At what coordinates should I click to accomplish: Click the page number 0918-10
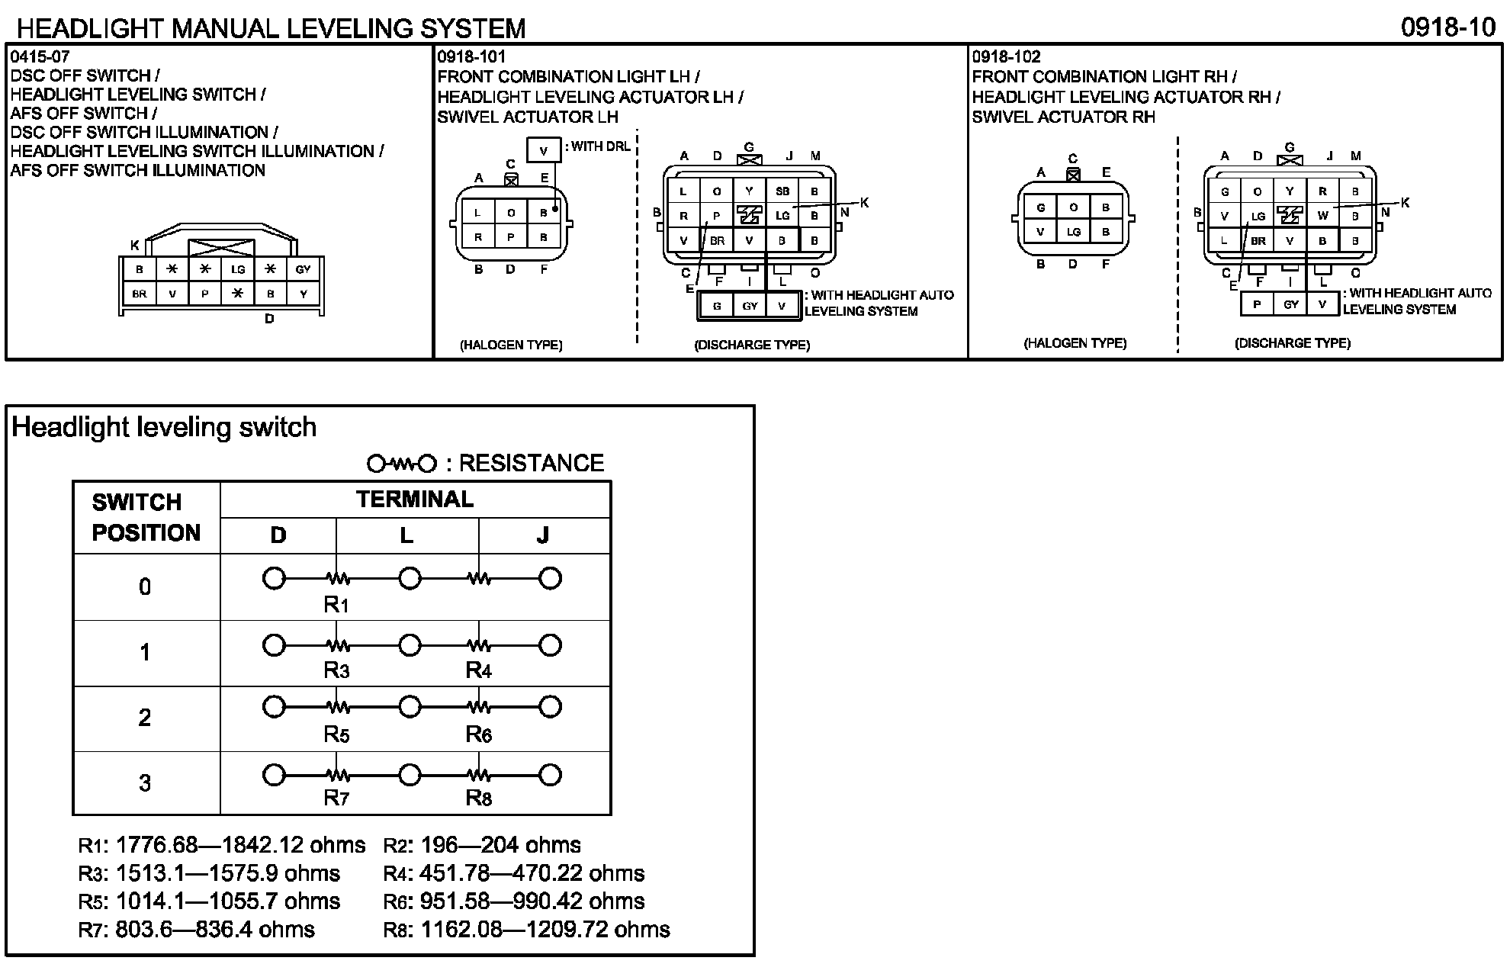coord(1448,27)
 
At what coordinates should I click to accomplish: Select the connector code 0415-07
coord(40,57)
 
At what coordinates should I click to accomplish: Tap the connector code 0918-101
coord(471,57)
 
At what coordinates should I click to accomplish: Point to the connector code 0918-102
coord(1006,57)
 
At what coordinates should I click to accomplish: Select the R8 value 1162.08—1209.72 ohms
coord(545,930)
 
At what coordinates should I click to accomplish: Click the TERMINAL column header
coord(414,500)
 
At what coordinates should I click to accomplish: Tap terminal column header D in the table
coord(278,535)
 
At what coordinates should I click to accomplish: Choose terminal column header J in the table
coord(543,535)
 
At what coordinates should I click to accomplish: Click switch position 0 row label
coord(145,587)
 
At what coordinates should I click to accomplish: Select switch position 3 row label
coord(145,783)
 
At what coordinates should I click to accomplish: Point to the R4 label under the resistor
coord(479,671)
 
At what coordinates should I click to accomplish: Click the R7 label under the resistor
coord(336,799)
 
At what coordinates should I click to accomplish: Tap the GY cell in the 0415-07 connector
coord(304,269)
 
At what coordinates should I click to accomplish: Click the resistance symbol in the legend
coord(402,464)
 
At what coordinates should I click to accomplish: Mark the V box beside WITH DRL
coord(543,151)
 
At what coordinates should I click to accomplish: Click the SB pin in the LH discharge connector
coord(782,191)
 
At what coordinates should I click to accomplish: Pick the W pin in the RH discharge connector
coord(1322,216)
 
